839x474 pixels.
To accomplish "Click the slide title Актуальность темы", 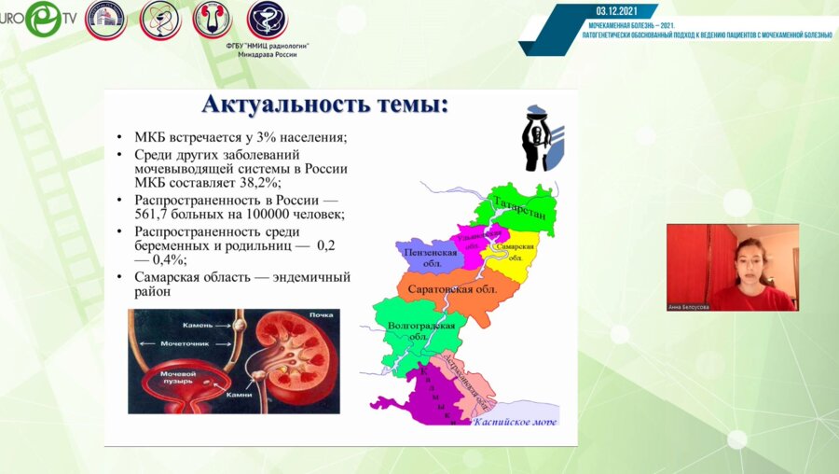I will (x=324, y=105).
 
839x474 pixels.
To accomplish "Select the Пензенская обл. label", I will (x=428, y=257).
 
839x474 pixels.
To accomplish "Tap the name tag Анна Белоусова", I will (x=688, y=306).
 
